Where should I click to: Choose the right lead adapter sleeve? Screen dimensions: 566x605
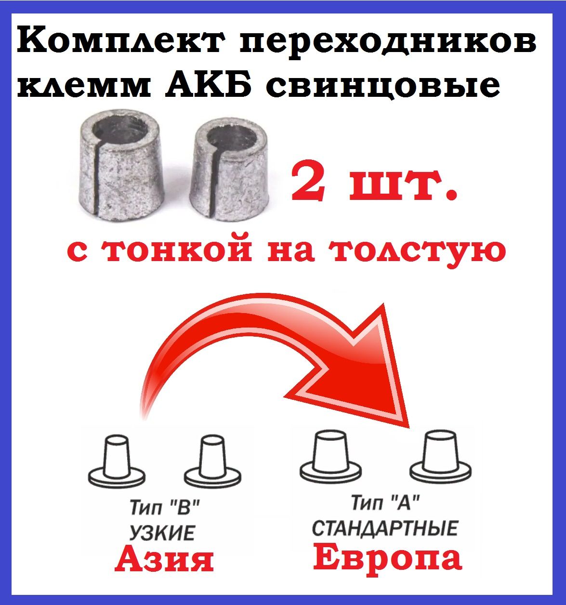tap(230, 172)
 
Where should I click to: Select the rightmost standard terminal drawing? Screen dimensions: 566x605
tap(440, 457)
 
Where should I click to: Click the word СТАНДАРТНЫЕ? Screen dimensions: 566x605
tap(385, 528)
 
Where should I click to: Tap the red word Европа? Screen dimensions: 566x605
tap(387, 558)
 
